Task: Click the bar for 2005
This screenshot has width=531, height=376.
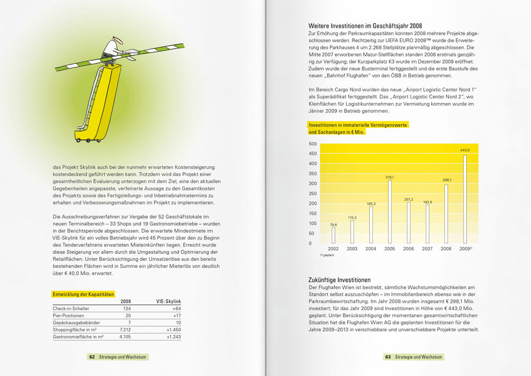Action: [390, 211]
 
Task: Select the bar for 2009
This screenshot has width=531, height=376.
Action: [465, 199]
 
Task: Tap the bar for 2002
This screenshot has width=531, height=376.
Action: [333, 235]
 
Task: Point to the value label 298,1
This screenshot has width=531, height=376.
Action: [447, 180]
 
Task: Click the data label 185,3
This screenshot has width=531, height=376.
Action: [371, 203]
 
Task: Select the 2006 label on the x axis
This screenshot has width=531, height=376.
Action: [408, 249]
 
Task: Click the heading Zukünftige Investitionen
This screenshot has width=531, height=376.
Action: [339, 280]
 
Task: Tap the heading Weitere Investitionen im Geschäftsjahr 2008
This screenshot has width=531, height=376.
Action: [365, 25]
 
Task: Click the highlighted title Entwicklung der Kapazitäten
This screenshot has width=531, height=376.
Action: [83, 294]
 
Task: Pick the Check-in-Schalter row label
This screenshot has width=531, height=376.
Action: [70, 309]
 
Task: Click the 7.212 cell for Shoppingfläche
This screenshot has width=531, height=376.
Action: [123, 329]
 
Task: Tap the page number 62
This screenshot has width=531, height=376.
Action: [92, 357]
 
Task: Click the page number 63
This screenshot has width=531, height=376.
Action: [388, 357]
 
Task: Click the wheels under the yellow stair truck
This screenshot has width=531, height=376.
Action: [87, 140]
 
